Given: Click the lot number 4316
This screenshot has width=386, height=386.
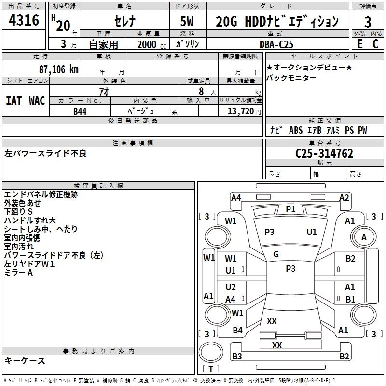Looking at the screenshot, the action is point(24,21).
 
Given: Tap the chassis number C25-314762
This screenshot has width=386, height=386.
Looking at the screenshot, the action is point(324,153).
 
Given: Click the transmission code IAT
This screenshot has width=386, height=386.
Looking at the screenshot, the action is point(14,100).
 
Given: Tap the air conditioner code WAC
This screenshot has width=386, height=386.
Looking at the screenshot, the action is point(37,100).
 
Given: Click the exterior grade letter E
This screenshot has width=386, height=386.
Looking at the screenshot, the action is point(359,44).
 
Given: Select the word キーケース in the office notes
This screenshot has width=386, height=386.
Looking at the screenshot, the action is point(25,361).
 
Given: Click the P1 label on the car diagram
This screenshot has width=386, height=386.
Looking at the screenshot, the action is point(290,209).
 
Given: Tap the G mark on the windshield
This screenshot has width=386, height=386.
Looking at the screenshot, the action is point(276,254).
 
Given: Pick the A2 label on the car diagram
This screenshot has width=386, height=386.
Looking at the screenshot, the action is point(344,197).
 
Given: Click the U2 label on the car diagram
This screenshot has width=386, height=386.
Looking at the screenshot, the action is point(231,287).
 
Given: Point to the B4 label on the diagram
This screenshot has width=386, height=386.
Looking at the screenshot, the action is point(237,331).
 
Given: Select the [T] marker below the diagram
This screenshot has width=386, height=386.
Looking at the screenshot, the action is point(211,369).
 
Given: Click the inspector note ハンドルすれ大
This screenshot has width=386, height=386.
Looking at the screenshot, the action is point(29,221).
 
